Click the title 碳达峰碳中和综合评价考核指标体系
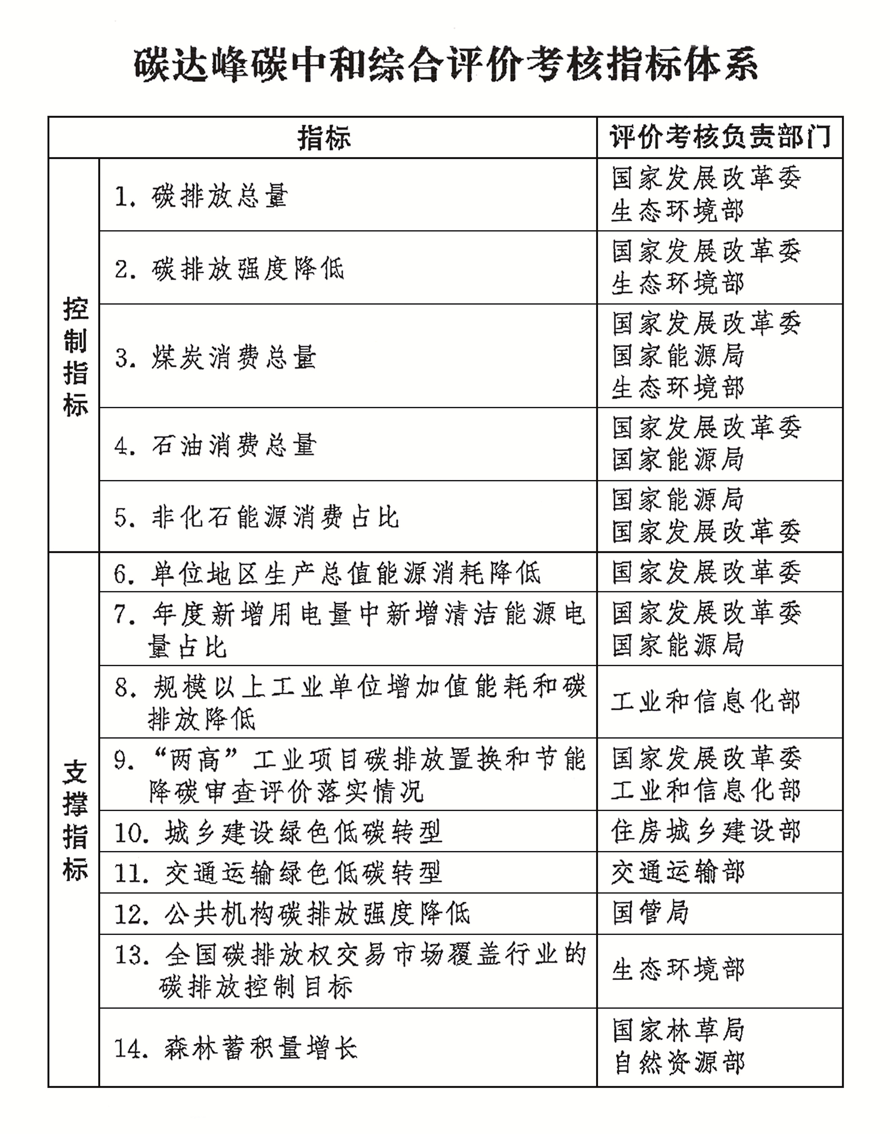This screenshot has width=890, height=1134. click(x=445, y=66)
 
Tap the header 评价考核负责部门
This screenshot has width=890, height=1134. click(x=720, y=137)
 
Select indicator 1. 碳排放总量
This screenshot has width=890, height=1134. click(x=201, y=196)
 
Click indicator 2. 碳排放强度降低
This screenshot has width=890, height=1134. click(x=229, y=269)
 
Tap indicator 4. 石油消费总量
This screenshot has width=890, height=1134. click(x=215, y=446)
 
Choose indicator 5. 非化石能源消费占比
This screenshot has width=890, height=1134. click(x=256, y=518)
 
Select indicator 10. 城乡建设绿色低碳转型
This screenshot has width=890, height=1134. click(x=278, y=832)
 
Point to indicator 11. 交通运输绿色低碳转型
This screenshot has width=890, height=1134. click(x=278, y=873)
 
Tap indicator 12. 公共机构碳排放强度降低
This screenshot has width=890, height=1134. click(x=292, y=914)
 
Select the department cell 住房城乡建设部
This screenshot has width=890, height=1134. click(x=705, y=832)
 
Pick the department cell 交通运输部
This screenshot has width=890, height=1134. click(x=677, y=873)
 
